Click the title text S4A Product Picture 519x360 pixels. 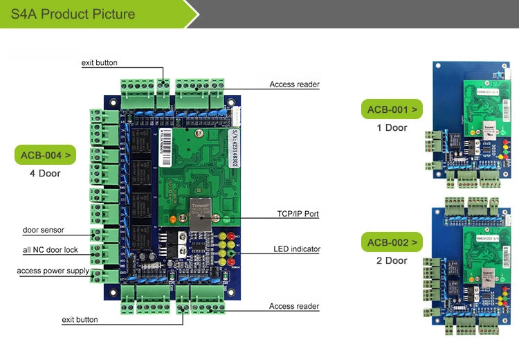tap(73, 14)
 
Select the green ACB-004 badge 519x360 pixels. tap(45, 154)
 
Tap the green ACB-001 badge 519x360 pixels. tap(392, 109)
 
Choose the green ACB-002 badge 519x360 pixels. tap(392, 242)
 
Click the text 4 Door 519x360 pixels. tap(45, 173)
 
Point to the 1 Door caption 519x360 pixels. tap(392, 128)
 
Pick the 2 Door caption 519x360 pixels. tap(392, 261)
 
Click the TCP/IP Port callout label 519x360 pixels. tap(293, 214)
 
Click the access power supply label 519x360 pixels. tap(53, 271)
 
